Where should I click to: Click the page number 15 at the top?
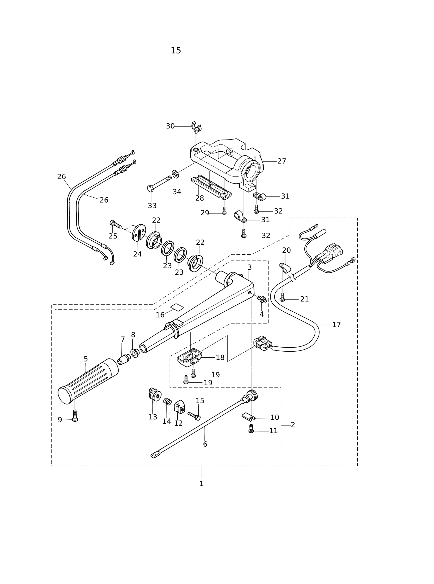176,51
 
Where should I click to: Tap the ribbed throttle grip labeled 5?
88,381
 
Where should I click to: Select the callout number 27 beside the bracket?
282,161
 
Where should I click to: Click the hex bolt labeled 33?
159,183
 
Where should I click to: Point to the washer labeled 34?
175,174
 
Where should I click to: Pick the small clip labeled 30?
196,127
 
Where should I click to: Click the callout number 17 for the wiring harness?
336,325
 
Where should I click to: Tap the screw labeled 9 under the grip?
75,416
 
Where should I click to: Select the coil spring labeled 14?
168,402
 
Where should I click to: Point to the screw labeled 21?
282,297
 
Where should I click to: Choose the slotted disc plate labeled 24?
139,232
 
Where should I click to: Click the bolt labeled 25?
115,224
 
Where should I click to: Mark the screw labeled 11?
251,429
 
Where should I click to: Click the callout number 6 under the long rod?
205,444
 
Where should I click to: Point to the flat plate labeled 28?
211,187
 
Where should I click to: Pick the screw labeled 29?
224,211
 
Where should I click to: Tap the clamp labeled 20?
285,268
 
